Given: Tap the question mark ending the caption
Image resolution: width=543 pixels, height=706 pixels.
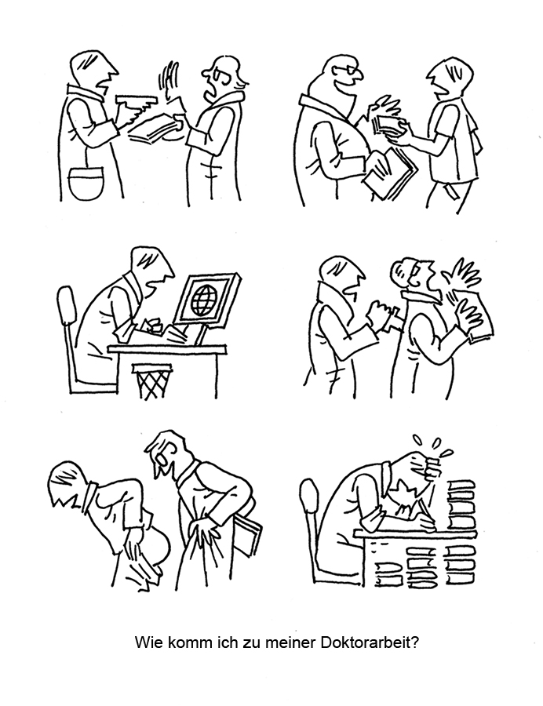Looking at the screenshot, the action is (416, 642).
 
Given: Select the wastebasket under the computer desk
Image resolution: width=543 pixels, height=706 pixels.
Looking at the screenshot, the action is (151, 381).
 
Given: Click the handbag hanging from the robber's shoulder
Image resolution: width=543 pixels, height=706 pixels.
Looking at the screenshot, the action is (86, 181).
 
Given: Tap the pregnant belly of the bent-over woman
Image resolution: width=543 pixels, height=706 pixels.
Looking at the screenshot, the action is (157, 545).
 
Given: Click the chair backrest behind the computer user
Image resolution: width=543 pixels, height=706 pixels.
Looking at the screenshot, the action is (66, 304).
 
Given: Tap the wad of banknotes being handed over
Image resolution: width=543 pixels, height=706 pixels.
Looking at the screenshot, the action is (386, 125).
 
